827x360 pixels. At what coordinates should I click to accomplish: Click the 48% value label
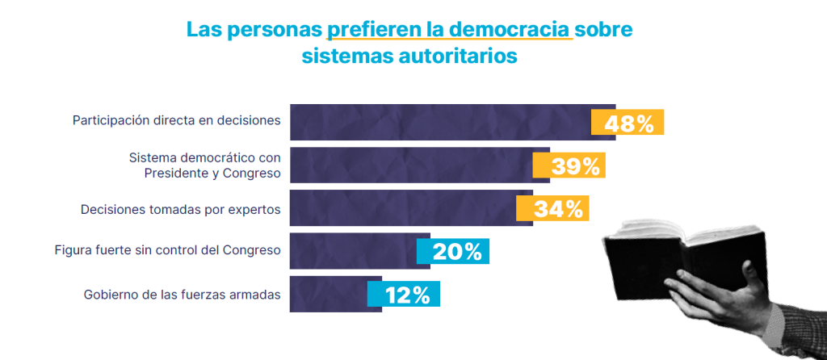[628, 123]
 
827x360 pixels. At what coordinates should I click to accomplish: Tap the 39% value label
[569, 166]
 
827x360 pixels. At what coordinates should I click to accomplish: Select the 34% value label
[552, 209]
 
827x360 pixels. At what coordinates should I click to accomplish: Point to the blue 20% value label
[453, 252]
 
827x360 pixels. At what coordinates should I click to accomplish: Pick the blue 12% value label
[403, 295]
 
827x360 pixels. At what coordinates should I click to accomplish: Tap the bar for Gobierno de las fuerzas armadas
[328, 295]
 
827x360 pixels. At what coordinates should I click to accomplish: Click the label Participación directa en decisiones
[176, 120]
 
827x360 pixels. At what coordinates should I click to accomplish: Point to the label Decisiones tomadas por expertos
[180, 209]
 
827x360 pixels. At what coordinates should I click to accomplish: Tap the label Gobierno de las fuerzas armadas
[182, 295]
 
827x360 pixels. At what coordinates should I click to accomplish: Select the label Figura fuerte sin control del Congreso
[165, 250]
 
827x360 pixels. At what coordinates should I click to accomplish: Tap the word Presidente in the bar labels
[179, 174]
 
